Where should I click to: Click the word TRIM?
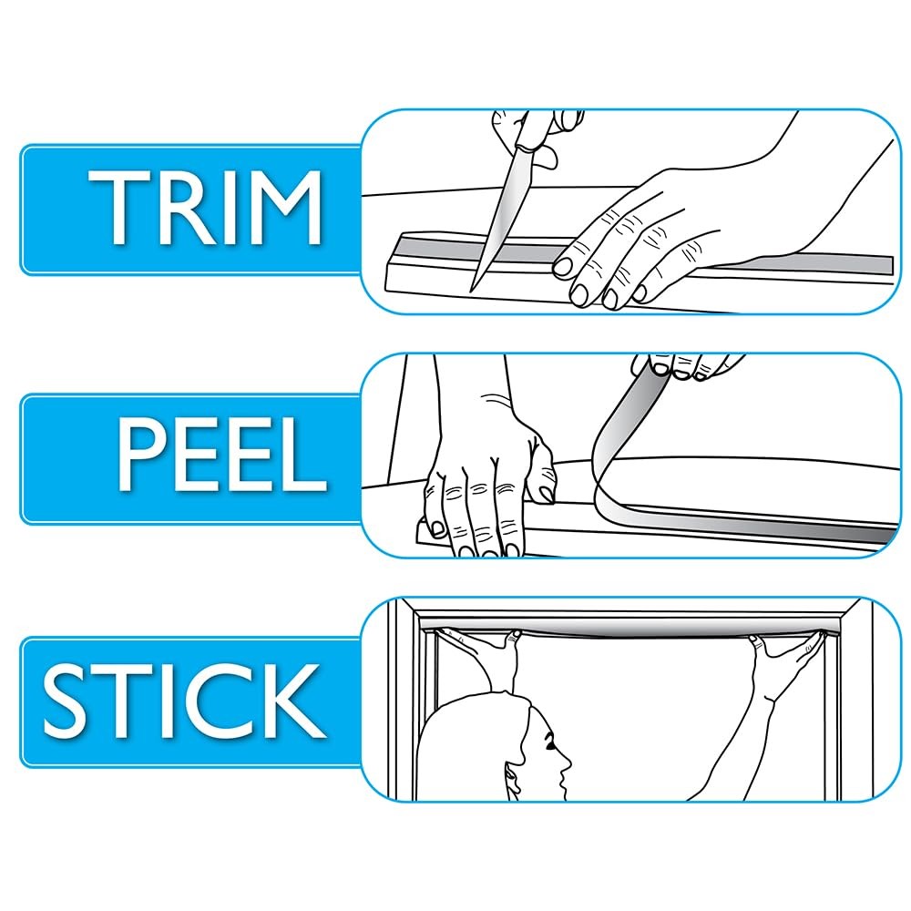(x=205, y=207)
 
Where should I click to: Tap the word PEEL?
(x=222, y=456)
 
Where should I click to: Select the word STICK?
(x=184, y=701)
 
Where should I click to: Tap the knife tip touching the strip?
(x=472, y=289)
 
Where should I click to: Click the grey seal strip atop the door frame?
(x=628, y=628)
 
